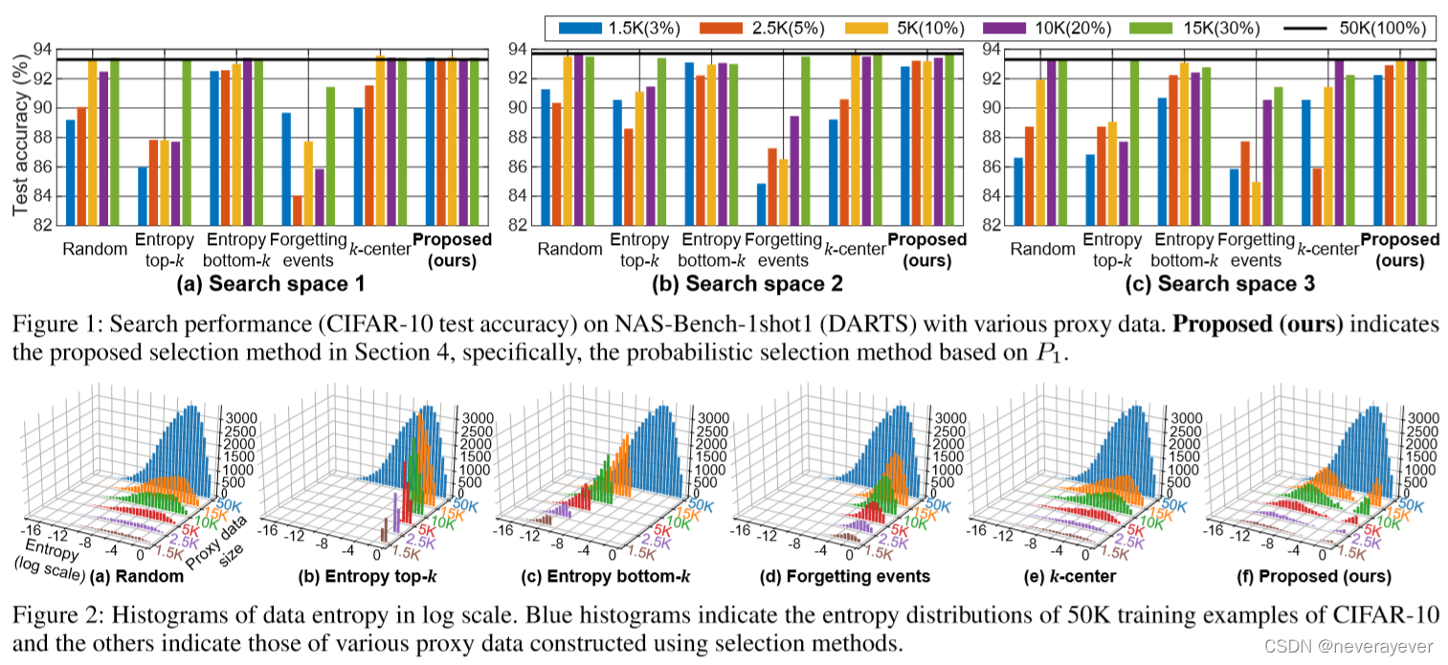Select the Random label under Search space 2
point(570,249)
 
